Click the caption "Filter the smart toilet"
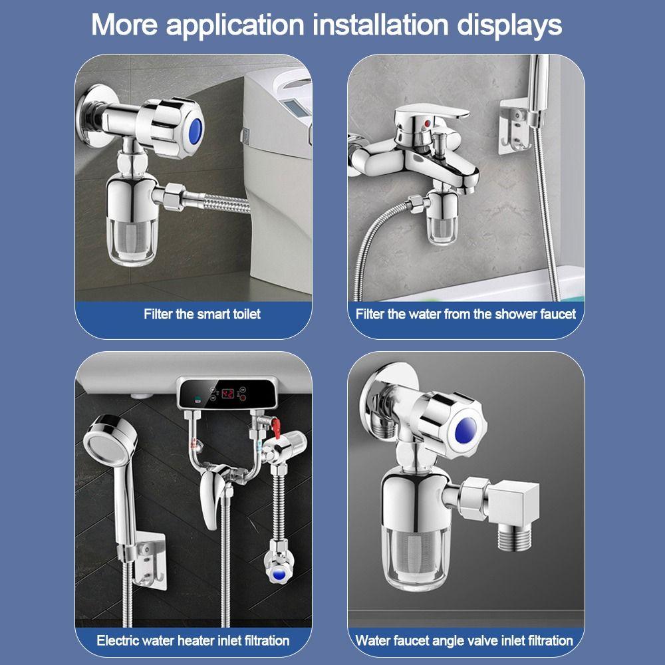coord(202,314)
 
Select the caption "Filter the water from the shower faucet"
coord(465,314)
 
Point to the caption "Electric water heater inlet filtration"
coord(193,640)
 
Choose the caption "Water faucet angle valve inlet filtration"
coord(464,640)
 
